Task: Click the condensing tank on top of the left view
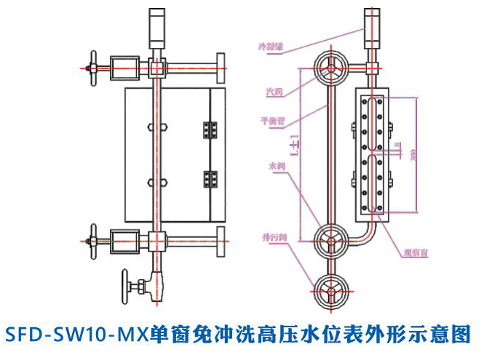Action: point(157,26)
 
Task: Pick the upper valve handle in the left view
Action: point(92,69)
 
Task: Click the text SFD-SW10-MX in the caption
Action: point(76,335)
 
